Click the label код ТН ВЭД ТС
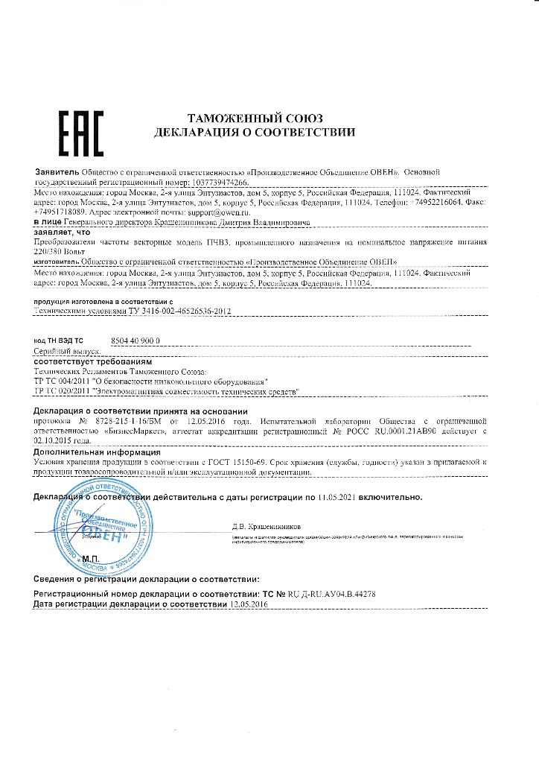pos(59,340)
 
